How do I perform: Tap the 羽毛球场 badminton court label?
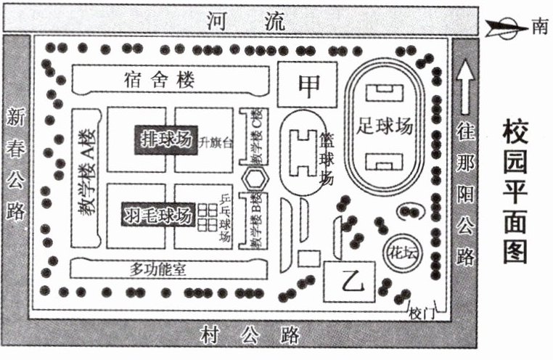(158, 215)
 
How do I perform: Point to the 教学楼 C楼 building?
(255, 138)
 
